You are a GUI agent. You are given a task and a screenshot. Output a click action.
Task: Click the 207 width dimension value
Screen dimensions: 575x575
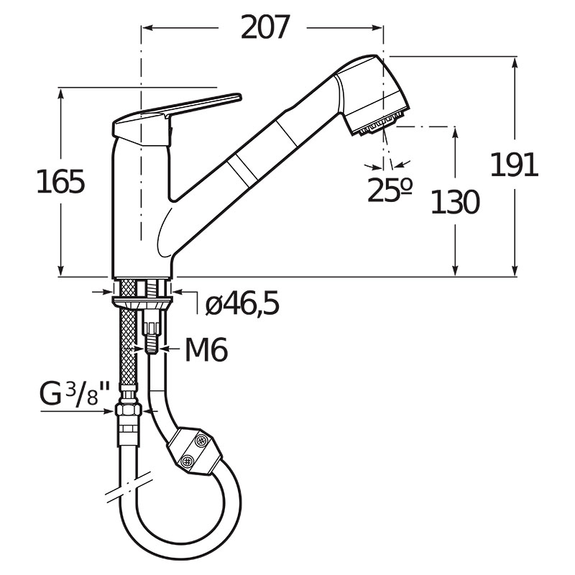pos(265,27)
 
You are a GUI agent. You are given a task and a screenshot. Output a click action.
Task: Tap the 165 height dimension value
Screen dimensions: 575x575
pos(61,182)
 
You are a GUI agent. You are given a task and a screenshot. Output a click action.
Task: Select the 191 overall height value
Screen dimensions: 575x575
pos(514,165)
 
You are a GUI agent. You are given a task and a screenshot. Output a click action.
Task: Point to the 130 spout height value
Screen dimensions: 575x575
pos(455,202)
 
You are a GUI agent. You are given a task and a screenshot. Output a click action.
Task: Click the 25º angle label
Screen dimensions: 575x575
pos(390,190)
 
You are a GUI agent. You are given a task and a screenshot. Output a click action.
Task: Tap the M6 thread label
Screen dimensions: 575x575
pos(206,349)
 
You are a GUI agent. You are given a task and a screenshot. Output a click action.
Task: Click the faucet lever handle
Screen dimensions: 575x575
pos(176,118)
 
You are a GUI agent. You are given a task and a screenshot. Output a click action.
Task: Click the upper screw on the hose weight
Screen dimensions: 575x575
pos(201,440)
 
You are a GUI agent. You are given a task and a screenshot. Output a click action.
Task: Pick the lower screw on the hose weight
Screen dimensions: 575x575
pos(188,460)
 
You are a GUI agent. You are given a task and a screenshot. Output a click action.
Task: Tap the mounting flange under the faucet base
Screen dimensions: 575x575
pos(142,302)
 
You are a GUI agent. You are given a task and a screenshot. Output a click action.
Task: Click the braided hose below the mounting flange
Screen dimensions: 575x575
pos(128,346)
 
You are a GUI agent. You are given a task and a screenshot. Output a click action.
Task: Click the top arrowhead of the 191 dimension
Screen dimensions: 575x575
pos(515,63)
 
